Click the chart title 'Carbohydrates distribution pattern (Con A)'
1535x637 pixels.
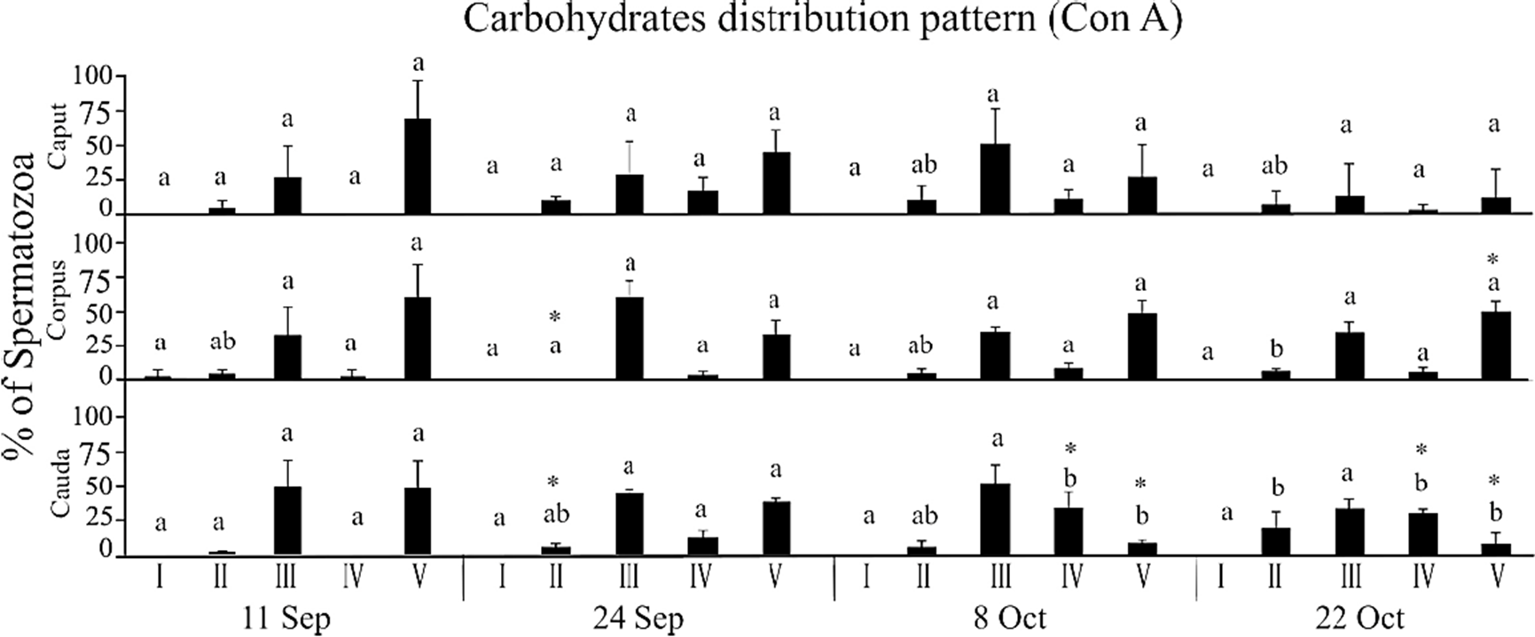(x=822, y=20)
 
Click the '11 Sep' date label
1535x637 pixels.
(x=286, y=617)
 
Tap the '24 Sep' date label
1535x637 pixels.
(x=639, y=617)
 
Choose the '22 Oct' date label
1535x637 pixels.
(x=1360, y=617)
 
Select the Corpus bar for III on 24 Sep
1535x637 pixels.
(x=630, y=338)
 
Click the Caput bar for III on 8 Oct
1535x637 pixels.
(x=996, y=178)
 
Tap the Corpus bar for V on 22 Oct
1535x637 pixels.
(x=1496, y=346)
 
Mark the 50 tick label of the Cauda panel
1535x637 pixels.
(x=104, y=485)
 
